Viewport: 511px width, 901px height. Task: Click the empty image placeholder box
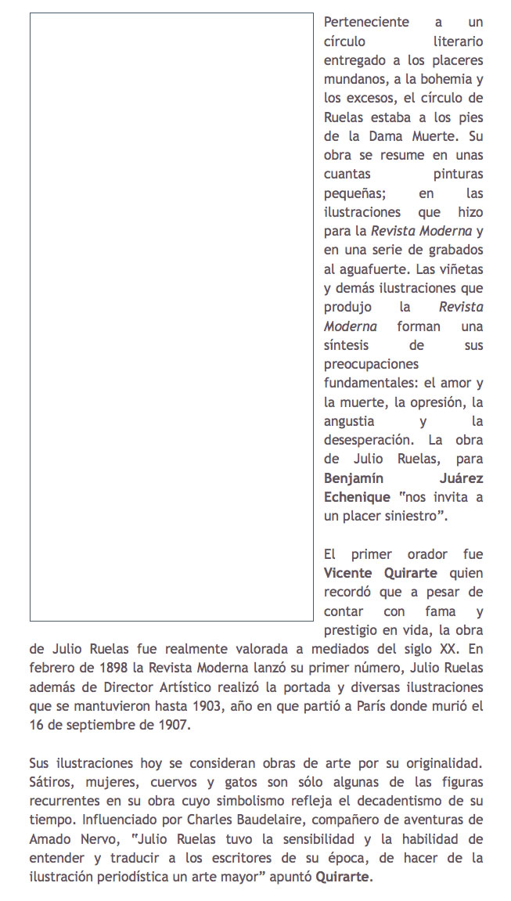click(x=171, y=317)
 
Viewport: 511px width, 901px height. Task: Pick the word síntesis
click(x=346, y=344)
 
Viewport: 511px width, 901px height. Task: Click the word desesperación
click(x=368, y=440)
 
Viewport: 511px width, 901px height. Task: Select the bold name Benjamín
click(x=358, y=478)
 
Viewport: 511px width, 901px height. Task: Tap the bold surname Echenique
click(x=357, y=497)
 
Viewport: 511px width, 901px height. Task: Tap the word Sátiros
click(x=53, y=782)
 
